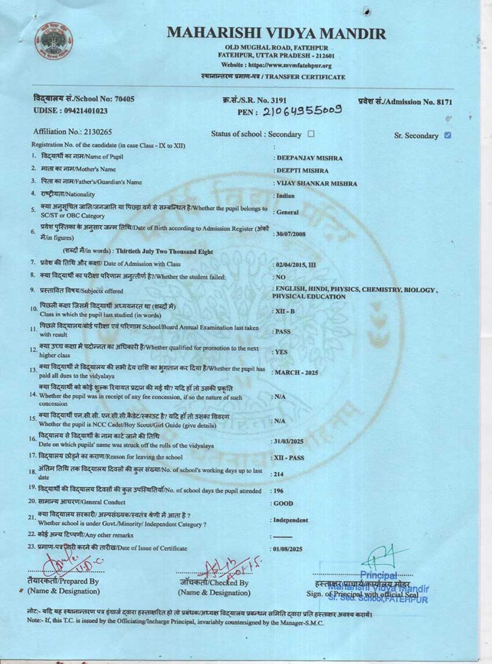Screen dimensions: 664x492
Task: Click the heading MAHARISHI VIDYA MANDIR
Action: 276,33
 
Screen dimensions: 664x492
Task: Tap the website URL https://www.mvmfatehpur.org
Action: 276,65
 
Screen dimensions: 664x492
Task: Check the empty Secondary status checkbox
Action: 310,134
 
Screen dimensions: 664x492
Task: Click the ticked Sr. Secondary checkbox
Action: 447,135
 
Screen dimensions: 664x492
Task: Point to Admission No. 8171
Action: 405,102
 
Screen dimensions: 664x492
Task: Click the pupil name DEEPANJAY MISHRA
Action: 309,158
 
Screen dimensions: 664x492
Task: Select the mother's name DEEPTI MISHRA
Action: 302,171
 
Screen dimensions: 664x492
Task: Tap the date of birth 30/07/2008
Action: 290,234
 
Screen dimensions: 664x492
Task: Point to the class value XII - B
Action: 284,311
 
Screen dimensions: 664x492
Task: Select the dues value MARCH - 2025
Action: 296,372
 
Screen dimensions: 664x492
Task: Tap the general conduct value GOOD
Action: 283,504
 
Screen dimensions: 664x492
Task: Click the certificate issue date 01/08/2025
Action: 288,549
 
